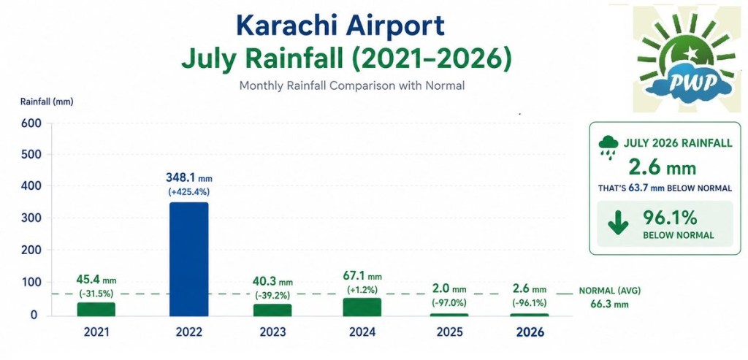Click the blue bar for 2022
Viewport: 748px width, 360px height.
[x=189, y=259]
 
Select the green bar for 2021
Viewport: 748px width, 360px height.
[x=96, y=309]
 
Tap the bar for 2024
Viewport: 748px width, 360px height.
[x=362, y=307]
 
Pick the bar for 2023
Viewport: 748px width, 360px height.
[x=272, y=310]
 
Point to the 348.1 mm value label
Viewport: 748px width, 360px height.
[x=189, y=178]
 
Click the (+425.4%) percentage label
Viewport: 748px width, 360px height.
[x=189, y=193]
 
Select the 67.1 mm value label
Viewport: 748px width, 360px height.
[x=362, y=276]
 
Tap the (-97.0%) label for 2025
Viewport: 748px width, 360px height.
[x=449, y=303]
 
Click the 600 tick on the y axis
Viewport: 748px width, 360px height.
[x=31, y=123]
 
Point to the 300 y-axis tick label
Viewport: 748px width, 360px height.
[x=31, y=218]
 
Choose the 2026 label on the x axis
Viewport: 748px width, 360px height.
[x=530, y=332]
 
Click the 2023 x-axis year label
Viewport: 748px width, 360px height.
[x=272, y=332]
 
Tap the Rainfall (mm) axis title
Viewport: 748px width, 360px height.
[x=47, y=102]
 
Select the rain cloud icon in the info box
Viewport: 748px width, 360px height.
[x=608, y=146]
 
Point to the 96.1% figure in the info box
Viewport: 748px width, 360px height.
[x=670, y=218]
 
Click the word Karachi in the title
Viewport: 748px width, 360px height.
[x=288, y=26]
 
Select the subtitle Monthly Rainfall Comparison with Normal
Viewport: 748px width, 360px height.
[x=351, y=86]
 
